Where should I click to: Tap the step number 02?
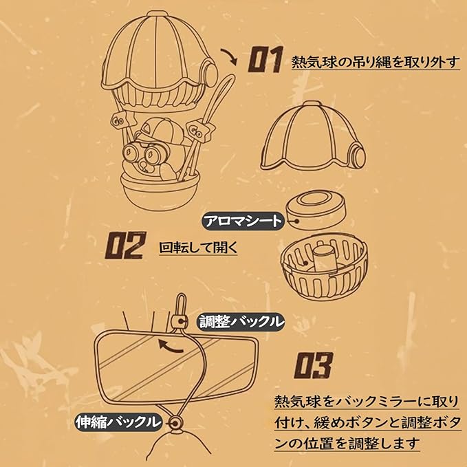pos(126,245)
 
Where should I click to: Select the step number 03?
pos(314,365)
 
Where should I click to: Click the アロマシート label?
pos(243,221)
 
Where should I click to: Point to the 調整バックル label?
pos(241,322)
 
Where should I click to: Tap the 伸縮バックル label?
pos(118,422)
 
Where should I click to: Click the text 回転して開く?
pos(198,248)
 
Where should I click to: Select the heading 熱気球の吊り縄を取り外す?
pos(376,63)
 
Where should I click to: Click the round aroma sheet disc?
pos(316,210)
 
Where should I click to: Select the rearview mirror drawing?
pos(175,367)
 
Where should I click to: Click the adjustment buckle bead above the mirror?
pos(180,321)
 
